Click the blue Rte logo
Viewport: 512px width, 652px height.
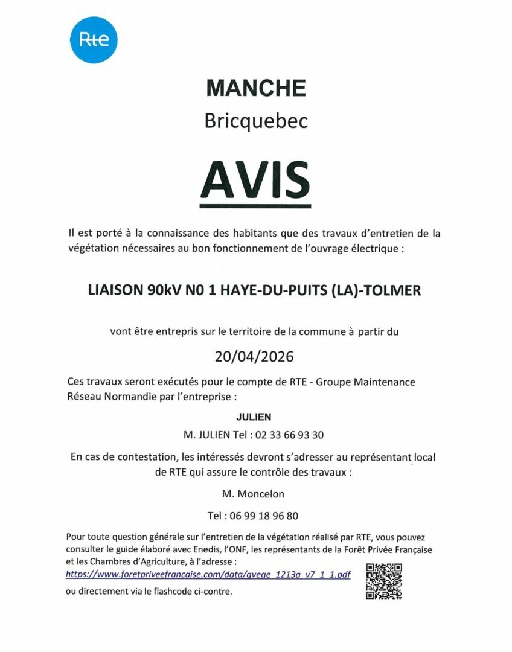pos(94,39)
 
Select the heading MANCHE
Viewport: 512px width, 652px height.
pos(256,88)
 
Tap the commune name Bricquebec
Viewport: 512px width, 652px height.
pos(256,121)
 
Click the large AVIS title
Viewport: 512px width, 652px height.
pos(255,177)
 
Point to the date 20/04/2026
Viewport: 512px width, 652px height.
pos(254,356)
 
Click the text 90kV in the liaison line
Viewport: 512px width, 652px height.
pos(162,290)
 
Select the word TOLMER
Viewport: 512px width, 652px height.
pos(392,290)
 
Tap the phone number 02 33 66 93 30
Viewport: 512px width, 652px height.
pos(290,435)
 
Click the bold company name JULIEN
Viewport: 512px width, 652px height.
pos(255,417)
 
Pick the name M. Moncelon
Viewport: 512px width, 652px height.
pos(253,494)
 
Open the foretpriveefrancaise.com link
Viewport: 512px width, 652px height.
pos(208,574)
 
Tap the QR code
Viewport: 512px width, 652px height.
pos(384,581)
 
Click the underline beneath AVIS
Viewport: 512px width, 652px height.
pos(255,206)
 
